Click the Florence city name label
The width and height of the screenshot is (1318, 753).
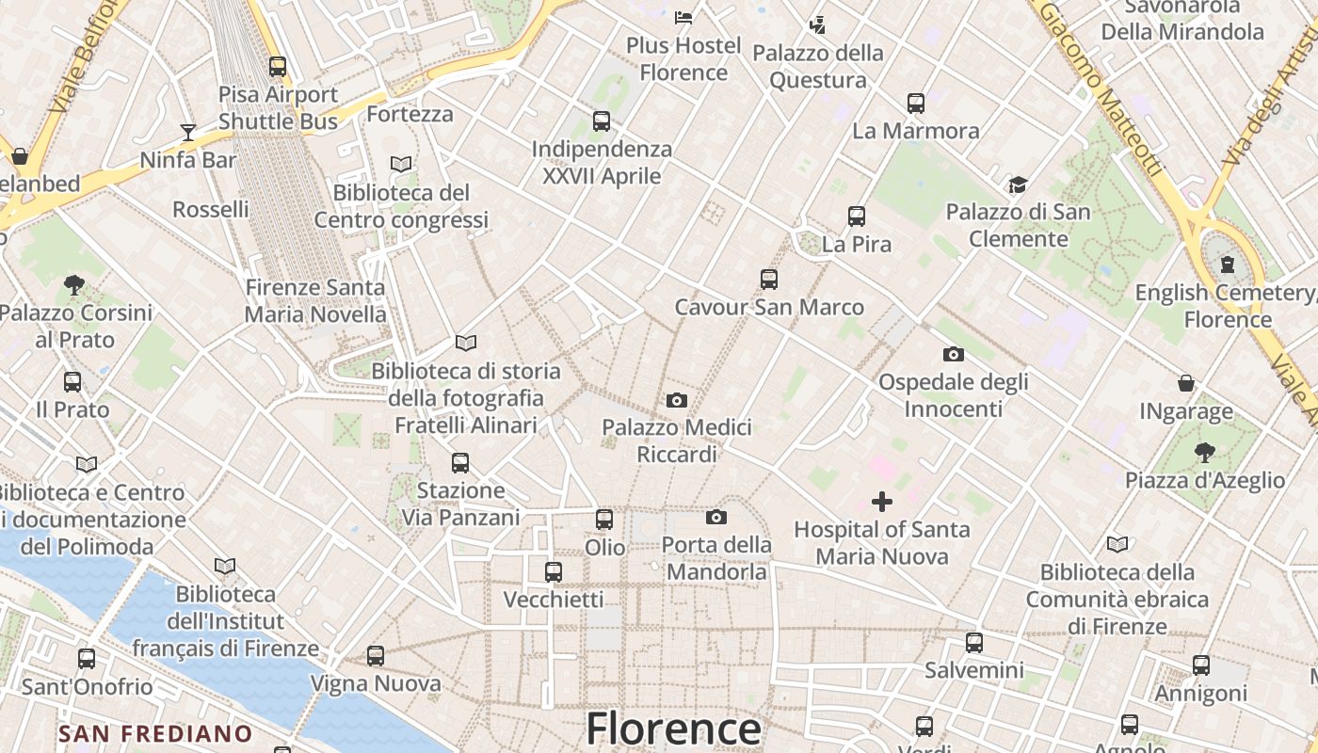673,729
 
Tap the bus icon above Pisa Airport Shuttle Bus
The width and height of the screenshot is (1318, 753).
277,67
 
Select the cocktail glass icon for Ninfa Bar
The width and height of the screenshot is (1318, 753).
188,133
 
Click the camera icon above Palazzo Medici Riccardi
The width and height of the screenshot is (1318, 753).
676,401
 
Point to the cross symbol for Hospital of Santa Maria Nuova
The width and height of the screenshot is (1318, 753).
882,502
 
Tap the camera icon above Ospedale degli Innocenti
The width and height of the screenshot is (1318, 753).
953,355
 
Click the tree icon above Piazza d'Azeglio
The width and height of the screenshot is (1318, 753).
1204,453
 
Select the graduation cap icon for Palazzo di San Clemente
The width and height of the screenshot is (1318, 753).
1018,184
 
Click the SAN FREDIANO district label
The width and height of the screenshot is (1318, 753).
155,733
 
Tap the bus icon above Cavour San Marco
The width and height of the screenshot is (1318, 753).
769,280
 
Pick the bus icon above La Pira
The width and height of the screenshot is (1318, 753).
856,216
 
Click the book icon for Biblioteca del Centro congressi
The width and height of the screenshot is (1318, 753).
401,165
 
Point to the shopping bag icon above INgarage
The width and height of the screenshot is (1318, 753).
1186,383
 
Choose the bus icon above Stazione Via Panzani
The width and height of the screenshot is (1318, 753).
460,463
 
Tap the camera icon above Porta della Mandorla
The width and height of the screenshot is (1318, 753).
716,518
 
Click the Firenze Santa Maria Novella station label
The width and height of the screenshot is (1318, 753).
315,300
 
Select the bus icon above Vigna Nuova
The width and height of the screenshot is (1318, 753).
376,656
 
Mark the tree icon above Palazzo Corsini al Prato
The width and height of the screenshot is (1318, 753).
74,284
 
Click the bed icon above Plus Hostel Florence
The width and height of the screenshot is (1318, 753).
683,18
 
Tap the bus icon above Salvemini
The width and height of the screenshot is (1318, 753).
974,643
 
